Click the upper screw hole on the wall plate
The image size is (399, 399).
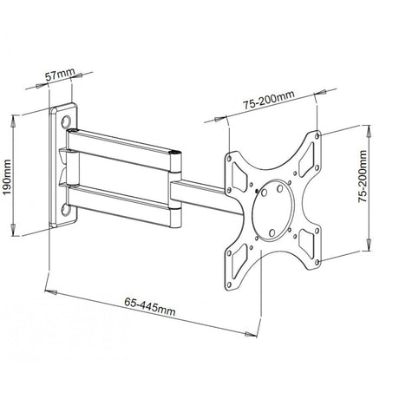[x=67, y=122]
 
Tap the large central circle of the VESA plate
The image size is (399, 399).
[x=275, y=205]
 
